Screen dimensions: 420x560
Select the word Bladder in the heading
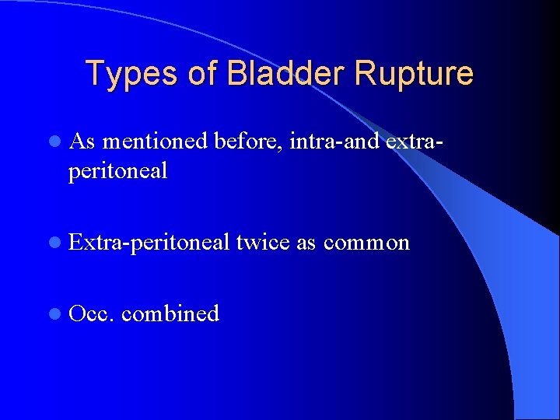click(x=287, y=73)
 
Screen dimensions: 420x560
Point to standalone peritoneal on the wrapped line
click(x=117, y=171)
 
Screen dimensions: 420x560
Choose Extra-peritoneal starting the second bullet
click(x=149, y=242)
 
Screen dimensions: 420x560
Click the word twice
click(x=263, y=242)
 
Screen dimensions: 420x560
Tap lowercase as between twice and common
click(x=306, y=242)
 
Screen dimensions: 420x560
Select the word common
click(x=366, y=242)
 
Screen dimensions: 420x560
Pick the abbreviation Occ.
click(x=92, y=313)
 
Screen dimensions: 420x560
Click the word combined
click(x=170, y=313)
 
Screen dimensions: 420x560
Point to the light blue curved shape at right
click(x=537, y=311)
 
